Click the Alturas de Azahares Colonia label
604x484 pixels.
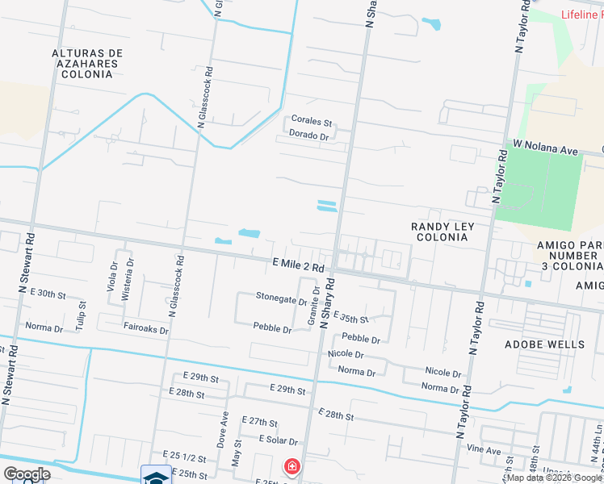[86, 63]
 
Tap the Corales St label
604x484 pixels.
[312, 122]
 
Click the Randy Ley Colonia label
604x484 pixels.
[443, 232]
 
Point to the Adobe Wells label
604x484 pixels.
[556, 344]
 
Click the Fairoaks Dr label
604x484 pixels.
[146, 330]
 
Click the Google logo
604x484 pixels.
[26, 474]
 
